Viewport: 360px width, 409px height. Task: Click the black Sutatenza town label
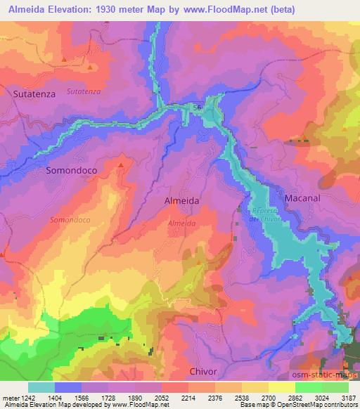[34, 92]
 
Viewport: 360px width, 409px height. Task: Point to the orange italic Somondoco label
[70, 220]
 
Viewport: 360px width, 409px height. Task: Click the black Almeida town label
[181, 200]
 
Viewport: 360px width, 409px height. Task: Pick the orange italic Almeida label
[181, 223]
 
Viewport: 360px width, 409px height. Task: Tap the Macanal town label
[302, 198]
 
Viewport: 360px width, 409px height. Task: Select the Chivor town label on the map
[203, 371]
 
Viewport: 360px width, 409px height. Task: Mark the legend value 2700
[269, 397]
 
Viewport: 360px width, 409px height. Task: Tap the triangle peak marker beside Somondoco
[121, 165]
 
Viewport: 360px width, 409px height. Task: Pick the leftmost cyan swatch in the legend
[41, 387]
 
